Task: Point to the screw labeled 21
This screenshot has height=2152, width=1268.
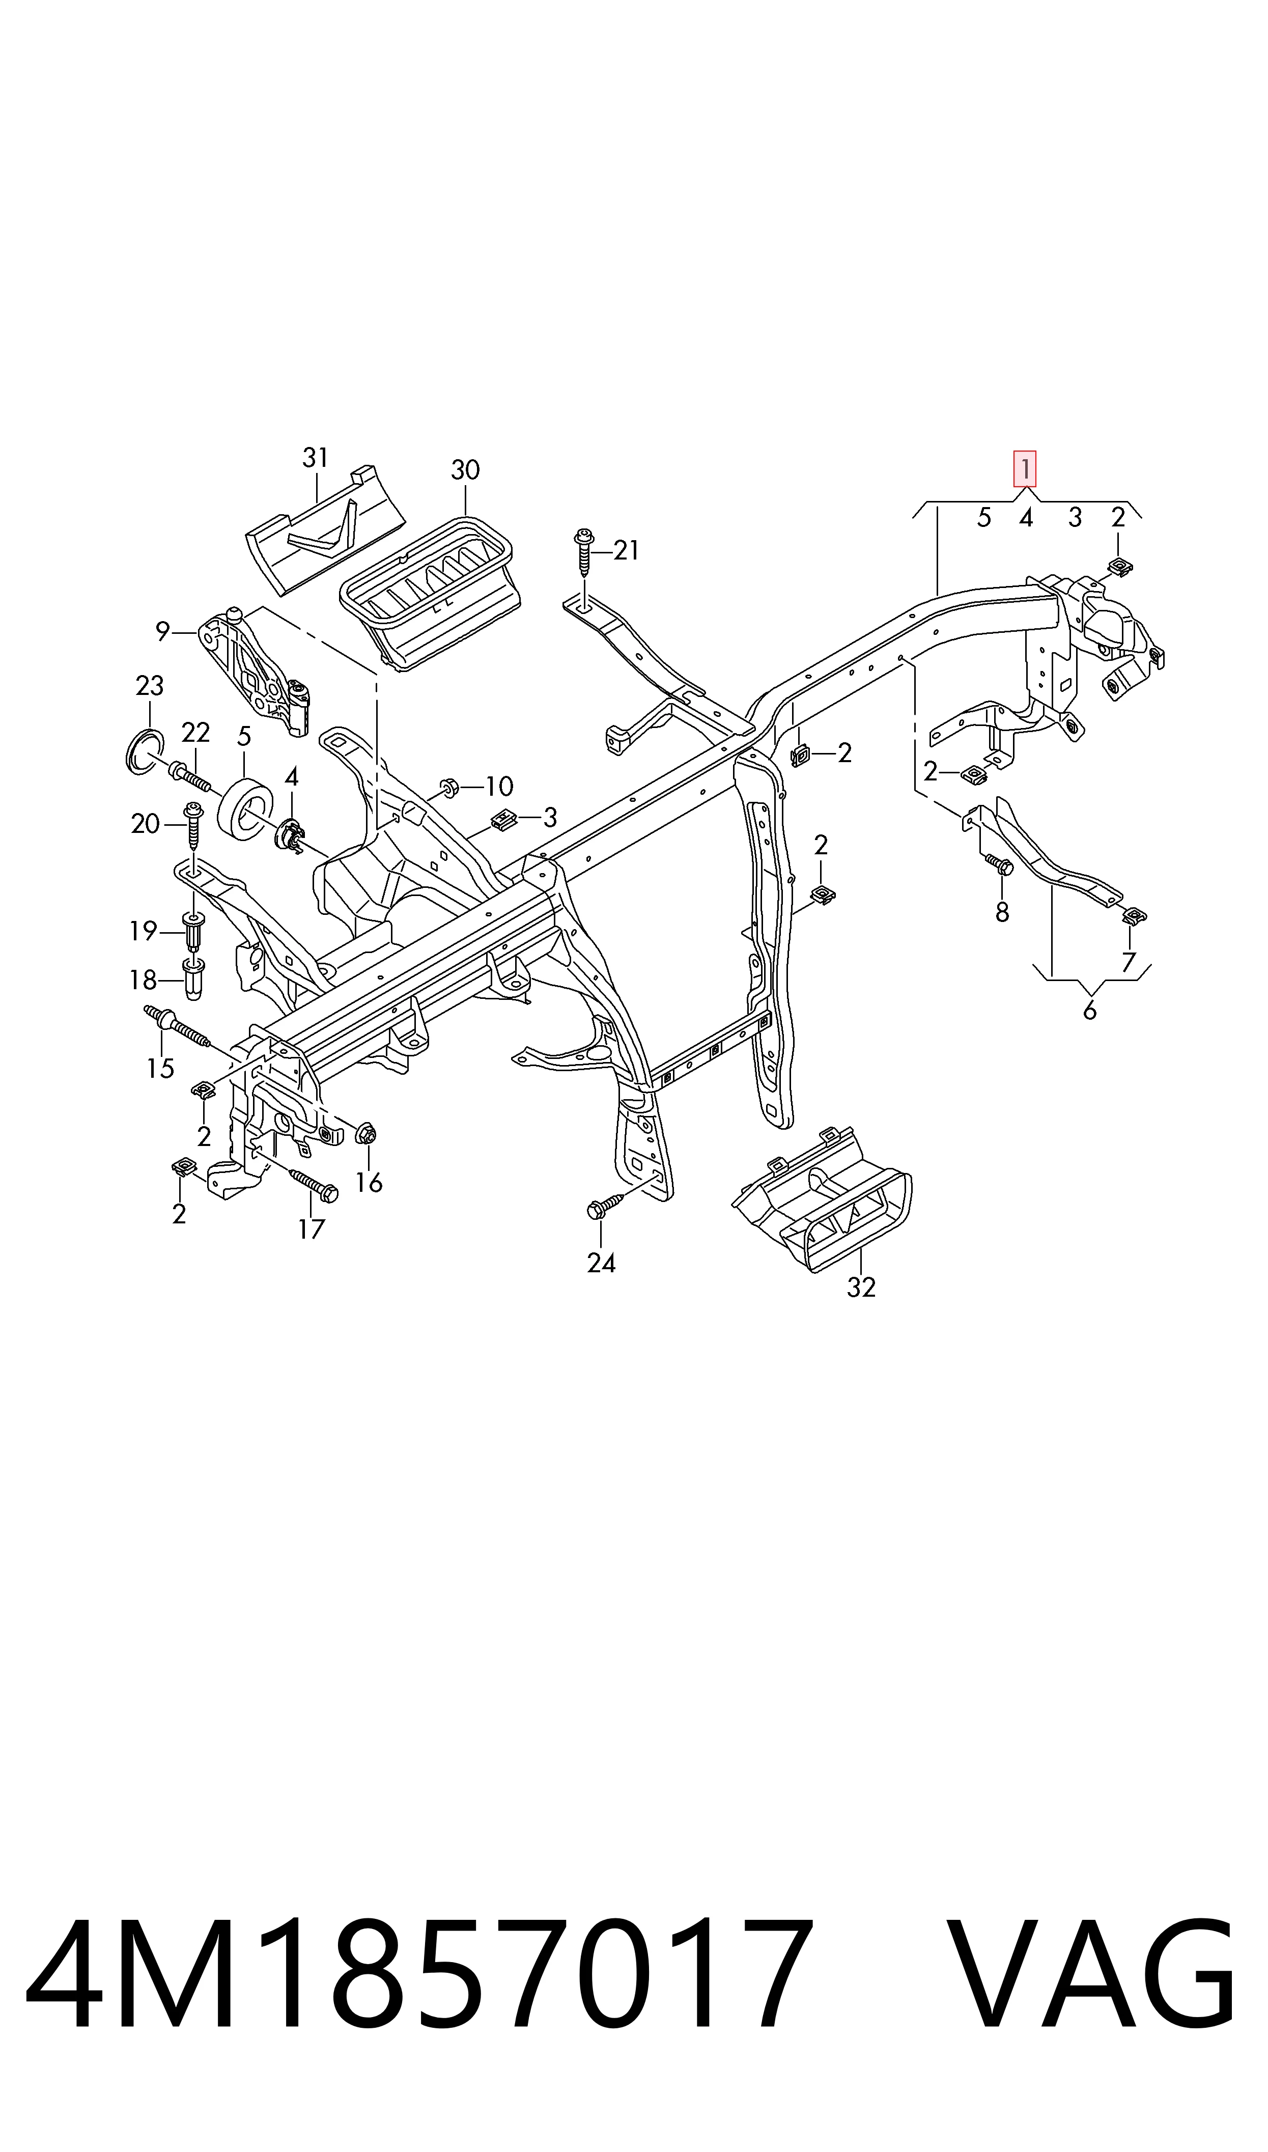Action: [x=584, y=553]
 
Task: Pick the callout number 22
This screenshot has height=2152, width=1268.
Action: [x=195, y=732]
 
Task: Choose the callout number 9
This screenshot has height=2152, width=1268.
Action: [x=162, y=632]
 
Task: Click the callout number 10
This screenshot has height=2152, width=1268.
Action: [x=499, y=786]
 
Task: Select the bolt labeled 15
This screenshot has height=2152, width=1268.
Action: [x=177, y=1028]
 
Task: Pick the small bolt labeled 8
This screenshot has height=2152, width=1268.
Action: [x=998, y=864]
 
